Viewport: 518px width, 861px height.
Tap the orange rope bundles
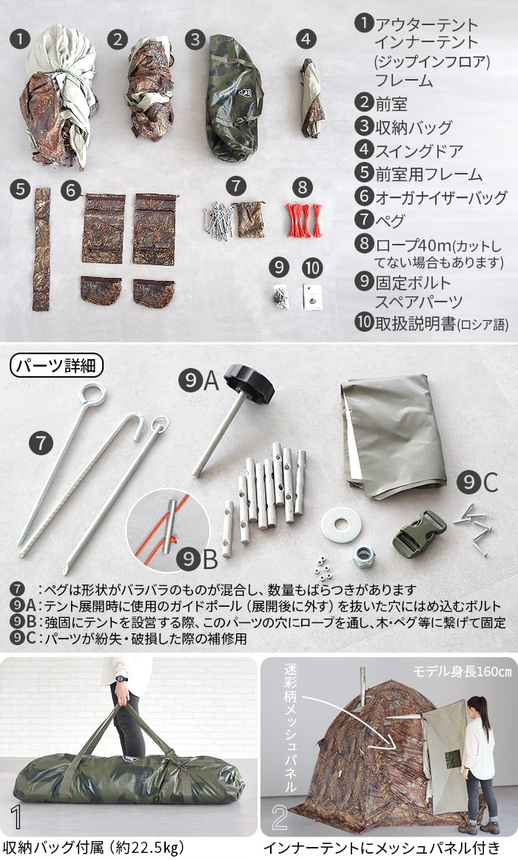pos(303,219)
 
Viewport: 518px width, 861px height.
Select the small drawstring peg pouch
pos(250,219)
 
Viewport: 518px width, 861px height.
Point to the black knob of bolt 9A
pos(249,383)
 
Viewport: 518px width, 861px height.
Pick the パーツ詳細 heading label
pos(57,365)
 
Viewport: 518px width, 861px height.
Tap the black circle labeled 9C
pos(468,483)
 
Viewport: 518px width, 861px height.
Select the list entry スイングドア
pos(420,151)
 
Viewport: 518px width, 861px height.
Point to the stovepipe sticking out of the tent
pos(363,681)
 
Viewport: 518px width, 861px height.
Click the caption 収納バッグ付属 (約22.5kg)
pos(93,847)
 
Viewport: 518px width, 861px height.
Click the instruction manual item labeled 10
pos(312,296)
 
